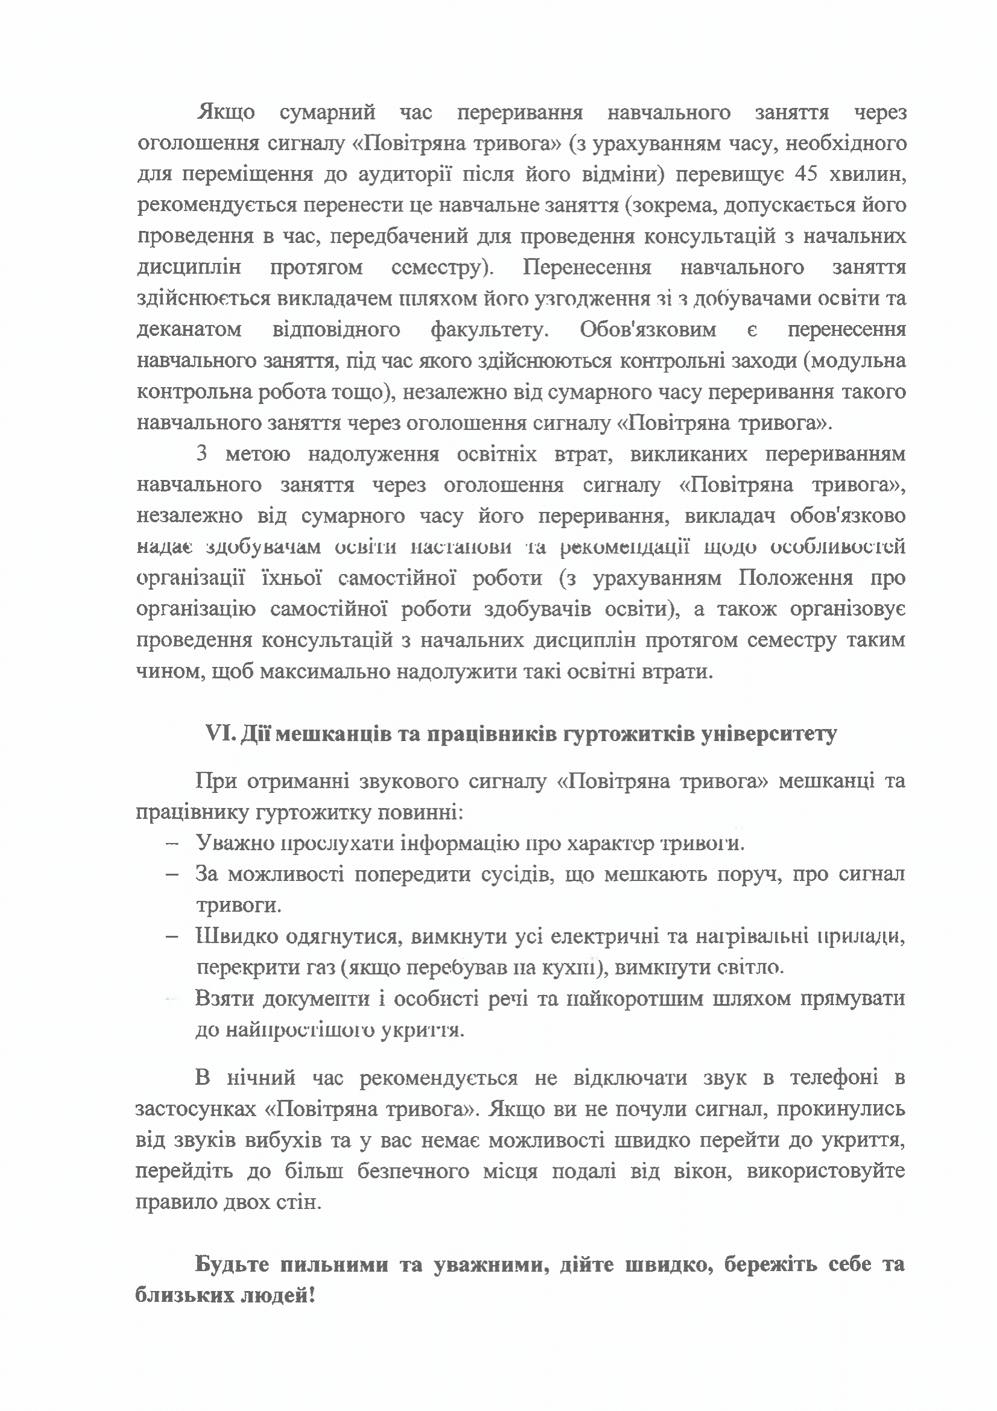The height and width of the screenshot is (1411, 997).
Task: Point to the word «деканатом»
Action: click(189, 330)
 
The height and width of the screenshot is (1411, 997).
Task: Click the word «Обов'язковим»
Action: click(647, 330)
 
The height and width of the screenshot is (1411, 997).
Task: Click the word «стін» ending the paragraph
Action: click(301, 1202)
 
